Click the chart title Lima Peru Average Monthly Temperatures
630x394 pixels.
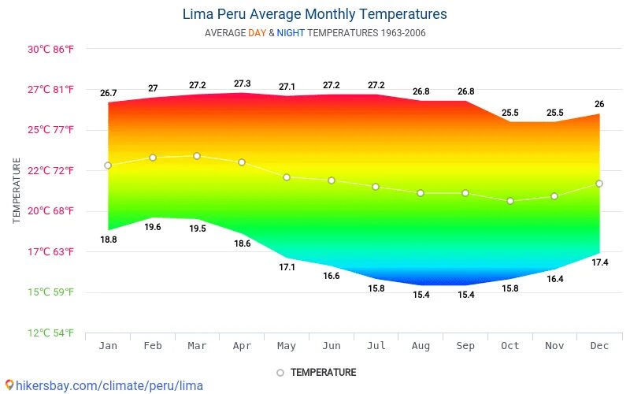coord(314,14)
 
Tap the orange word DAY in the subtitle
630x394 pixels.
coord(258,33)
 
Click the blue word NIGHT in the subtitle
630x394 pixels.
coord(291,33)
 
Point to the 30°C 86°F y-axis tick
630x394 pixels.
coord(51,49)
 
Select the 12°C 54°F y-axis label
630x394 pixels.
coord(51,333)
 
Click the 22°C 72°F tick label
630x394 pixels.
coord(51,170)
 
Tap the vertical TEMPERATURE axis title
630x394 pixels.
coord(17,190)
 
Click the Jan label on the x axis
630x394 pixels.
coord(108,346)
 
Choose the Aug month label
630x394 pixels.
coord(421,346)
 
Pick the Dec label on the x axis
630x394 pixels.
coord(599,346)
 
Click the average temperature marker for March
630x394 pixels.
coord(197,156)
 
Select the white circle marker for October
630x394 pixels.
coord(510,201)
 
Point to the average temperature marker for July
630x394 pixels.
coord(376,187)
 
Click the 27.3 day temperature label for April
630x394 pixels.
coord(242,84)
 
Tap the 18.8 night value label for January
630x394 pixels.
coord(109,240)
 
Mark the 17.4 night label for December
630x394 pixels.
coord(599,262)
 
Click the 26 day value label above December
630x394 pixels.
coord(599,104)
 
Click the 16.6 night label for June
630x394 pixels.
coord(331,276)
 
